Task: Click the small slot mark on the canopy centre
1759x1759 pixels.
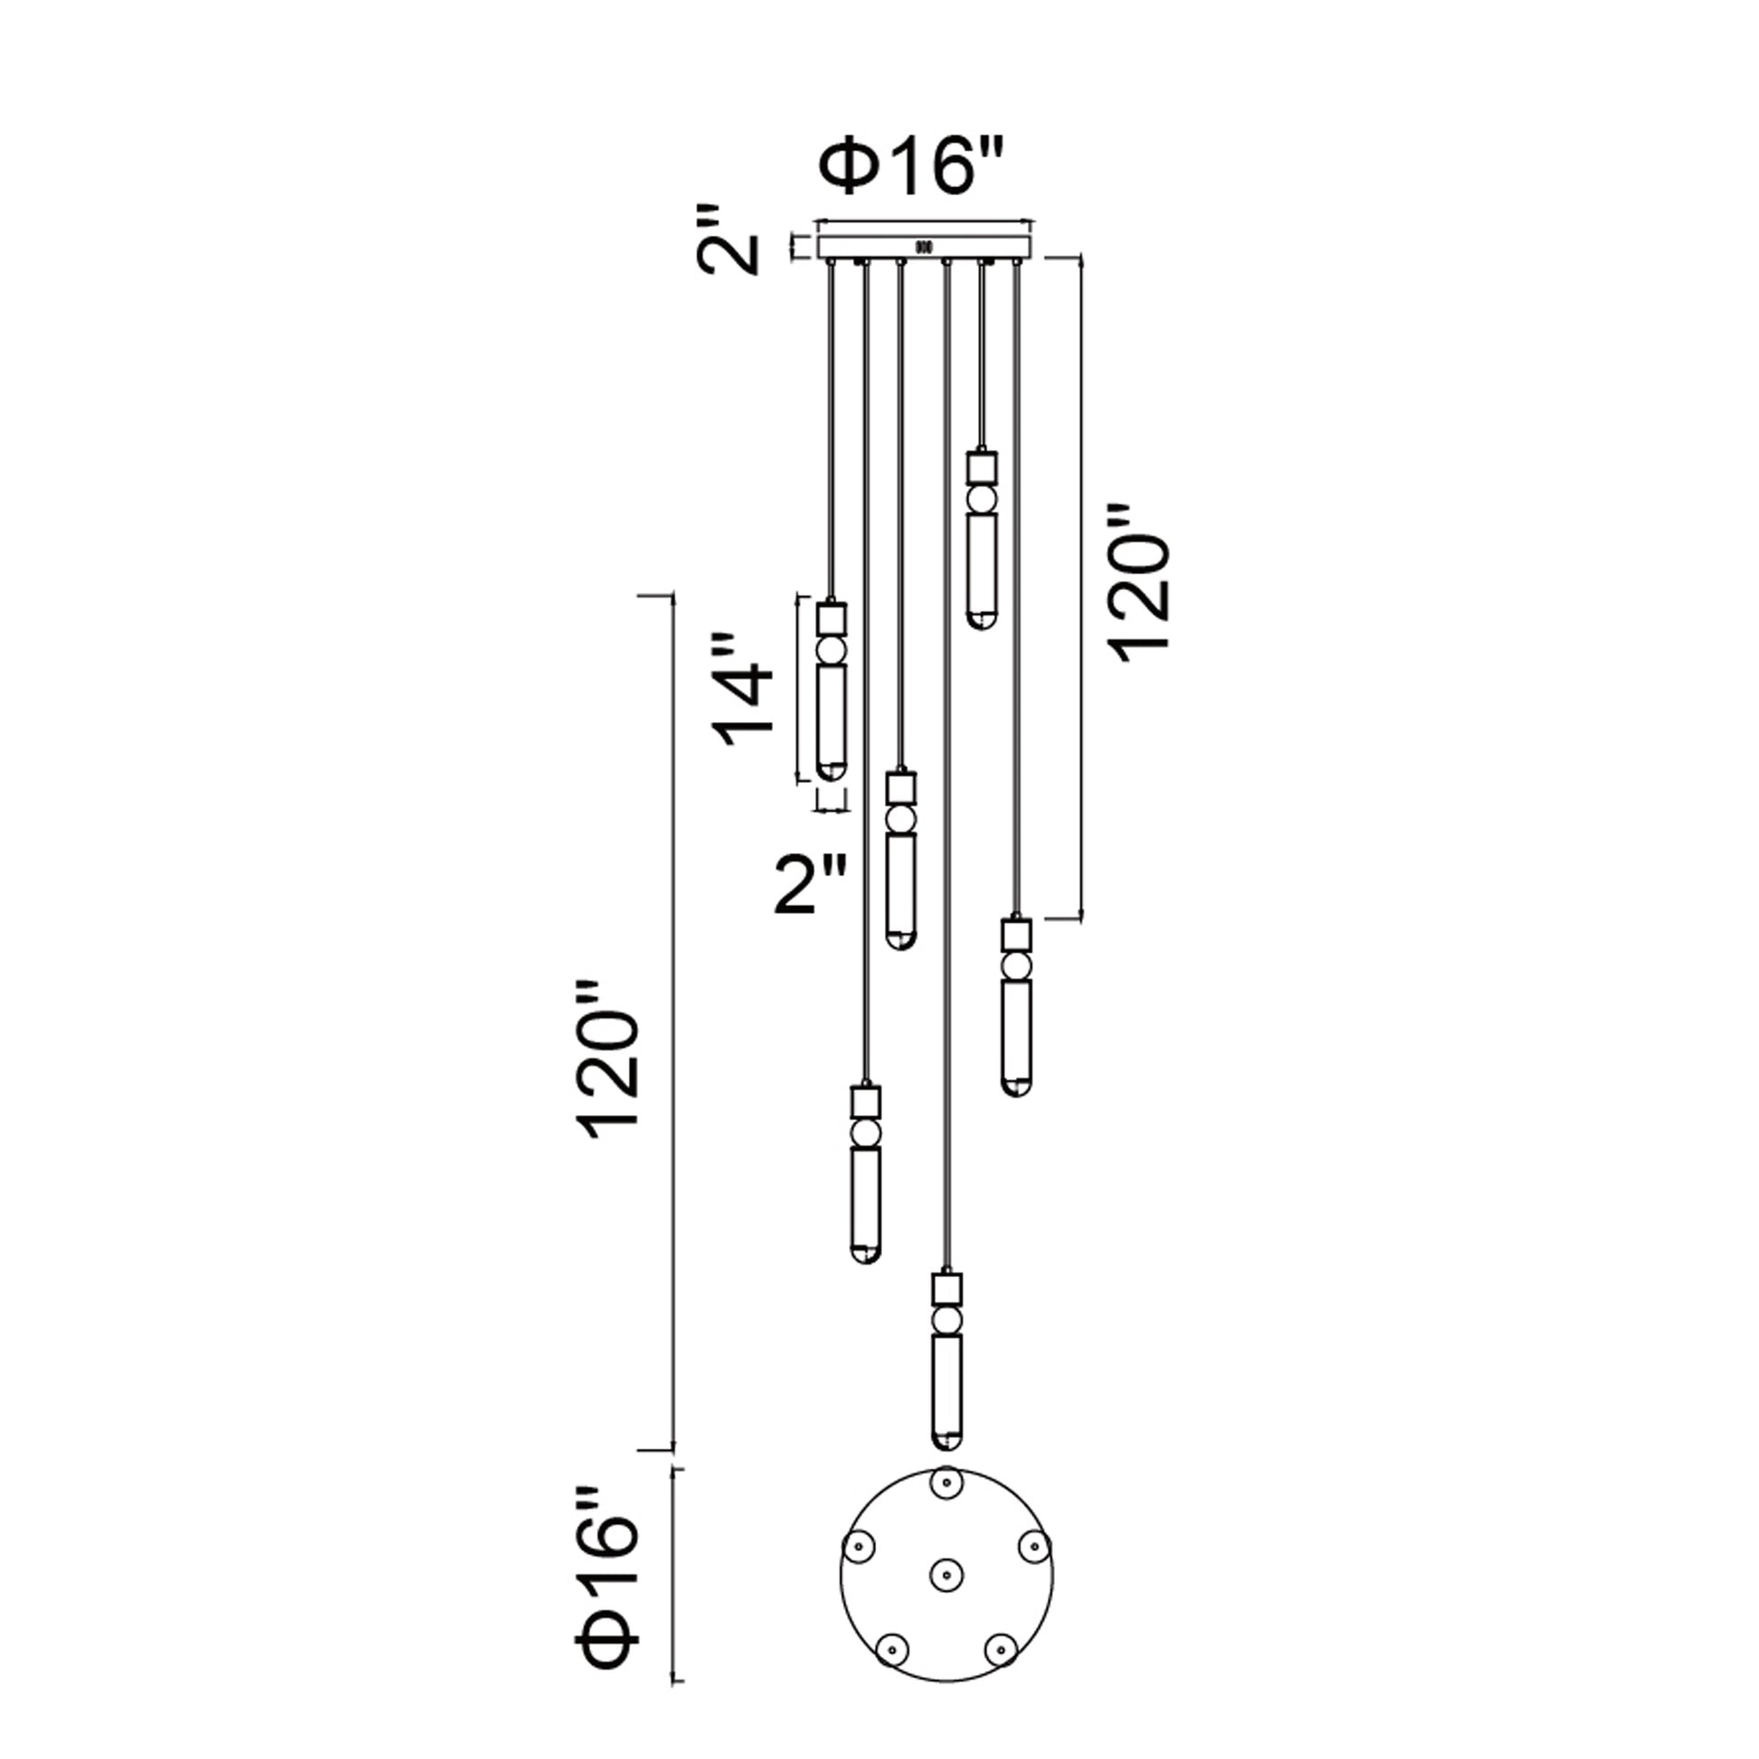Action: [x=923, y=246]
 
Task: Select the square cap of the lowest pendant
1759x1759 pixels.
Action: [x=948, y=1289]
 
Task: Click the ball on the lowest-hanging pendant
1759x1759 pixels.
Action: [x=948, y=1322]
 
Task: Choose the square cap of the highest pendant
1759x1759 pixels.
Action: [x=982, y=468]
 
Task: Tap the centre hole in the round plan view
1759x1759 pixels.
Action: [x=947, y=1597]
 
